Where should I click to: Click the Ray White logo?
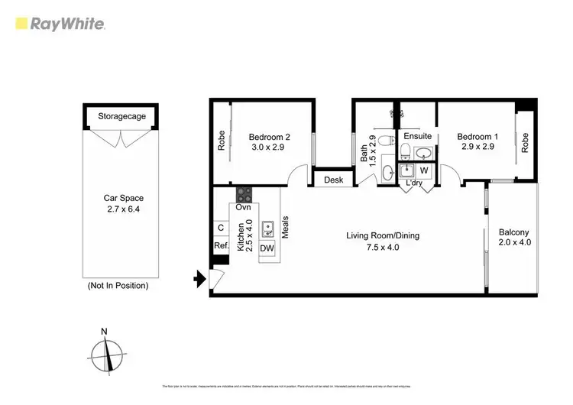[x=60, y=24]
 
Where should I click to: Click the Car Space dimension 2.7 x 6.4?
[x=123, y=207]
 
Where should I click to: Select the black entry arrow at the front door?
[x=201, y=280]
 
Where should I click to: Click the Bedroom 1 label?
[x=475, y=137]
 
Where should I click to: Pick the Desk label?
[x=332, y=180]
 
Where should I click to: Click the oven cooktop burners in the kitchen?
[x=244, y=194]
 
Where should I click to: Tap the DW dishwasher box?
[x=267, y=248]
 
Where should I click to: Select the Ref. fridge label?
[x=221, y=246]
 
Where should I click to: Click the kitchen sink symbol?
[x=268, y=228]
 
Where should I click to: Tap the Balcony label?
[x=513, y=232]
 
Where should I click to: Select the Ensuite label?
[x=418, y=136]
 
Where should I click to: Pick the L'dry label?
[x=414, y=183]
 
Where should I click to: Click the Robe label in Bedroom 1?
[x=525, y=143]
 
